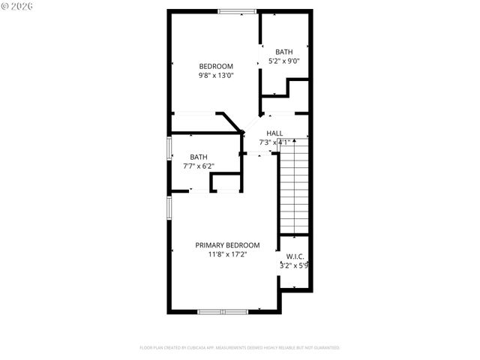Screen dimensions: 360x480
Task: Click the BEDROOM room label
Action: pos(215,66)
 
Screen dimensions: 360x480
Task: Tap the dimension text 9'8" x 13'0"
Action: pos(215,75)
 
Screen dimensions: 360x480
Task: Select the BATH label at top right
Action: pos(283,52)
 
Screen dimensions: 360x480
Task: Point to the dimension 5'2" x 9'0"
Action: pos(283,61)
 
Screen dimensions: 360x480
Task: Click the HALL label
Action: pos(274,133)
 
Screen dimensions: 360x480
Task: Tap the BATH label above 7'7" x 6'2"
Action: pos(198,157)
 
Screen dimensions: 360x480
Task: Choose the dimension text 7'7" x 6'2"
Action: pos(198,166)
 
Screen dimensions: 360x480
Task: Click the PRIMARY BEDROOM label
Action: pos(227,245)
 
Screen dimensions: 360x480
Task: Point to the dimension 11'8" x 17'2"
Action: pos(227,254)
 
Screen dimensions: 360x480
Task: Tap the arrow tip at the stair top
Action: pos(295,139)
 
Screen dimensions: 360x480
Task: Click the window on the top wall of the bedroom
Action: pos(235,11)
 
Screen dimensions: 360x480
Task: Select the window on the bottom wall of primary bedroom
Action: pos(222,310)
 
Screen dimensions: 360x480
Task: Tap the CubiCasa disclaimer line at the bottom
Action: pos(239,348)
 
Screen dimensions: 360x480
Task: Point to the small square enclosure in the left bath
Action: pos(224,183)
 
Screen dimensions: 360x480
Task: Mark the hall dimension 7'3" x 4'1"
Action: pos(274,142)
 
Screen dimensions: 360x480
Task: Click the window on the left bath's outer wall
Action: pos(168,148)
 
